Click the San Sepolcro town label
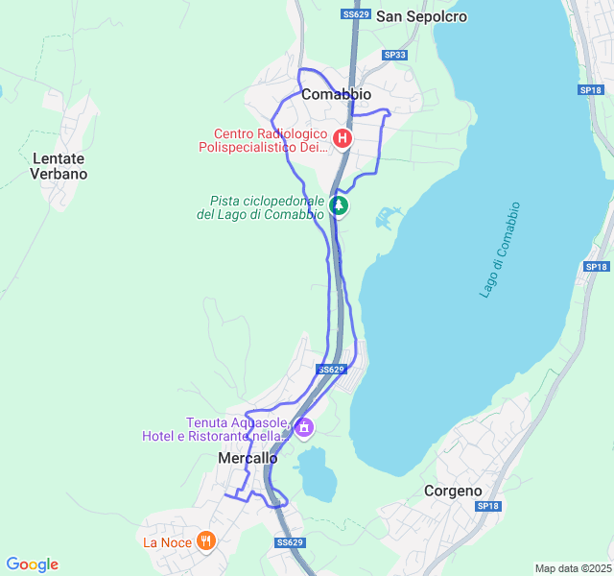[x=421, y=16]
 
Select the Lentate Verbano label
[x=59, y=166]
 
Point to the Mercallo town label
[x=248, y=459]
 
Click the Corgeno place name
[x=453, y=491]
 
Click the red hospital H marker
[x=341, y=140]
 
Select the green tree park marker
[x=338, y=204]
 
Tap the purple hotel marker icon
[x=304, y=427]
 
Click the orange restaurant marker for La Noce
[x=205, y=541]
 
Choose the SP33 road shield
[x=395, y=56]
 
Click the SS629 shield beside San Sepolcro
[x=355, y=14]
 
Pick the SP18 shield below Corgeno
[x=488, y=506]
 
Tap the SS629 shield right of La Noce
[x=290, y=542]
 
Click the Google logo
[x=32, y=564]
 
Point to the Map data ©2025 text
[x=572, y=568]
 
